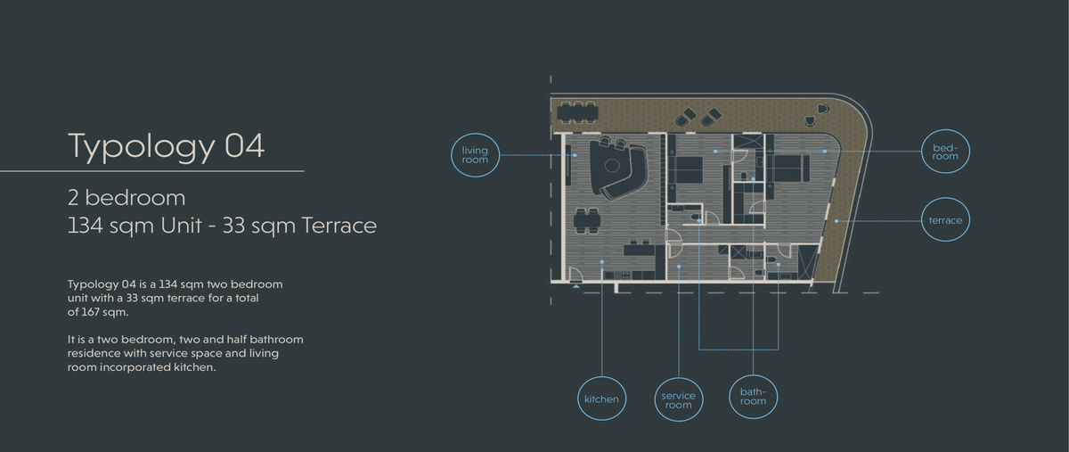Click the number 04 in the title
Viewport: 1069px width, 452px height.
point(244,145)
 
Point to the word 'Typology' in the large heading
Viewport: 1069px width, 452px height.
point(142,148)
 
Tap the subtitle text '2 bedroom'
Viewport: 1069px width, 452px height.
point(126,198)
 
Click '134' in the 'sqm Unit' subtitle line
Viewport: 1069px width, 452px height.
point(85,226)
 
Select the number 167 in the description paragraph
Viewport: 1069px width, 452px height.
point(90,312)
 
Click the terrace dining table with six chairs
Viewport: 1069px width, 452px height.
point(577,112)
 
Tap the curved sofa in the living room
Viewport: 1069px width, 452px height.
point(620,168)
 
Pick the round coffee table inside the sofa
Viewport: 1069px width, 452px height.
point(612,166)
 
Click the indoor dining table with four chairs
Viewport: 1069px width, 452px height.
point(587,221)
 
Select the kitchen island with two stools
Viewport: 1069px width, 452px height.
point(640,249)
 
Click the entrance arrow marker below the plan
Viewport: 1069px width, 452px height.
point(576,285)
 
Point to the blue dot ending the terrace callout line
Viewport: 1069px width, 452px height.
point(836,221)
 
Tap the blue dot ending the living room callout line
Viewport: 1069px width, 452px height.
point(575,155)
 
